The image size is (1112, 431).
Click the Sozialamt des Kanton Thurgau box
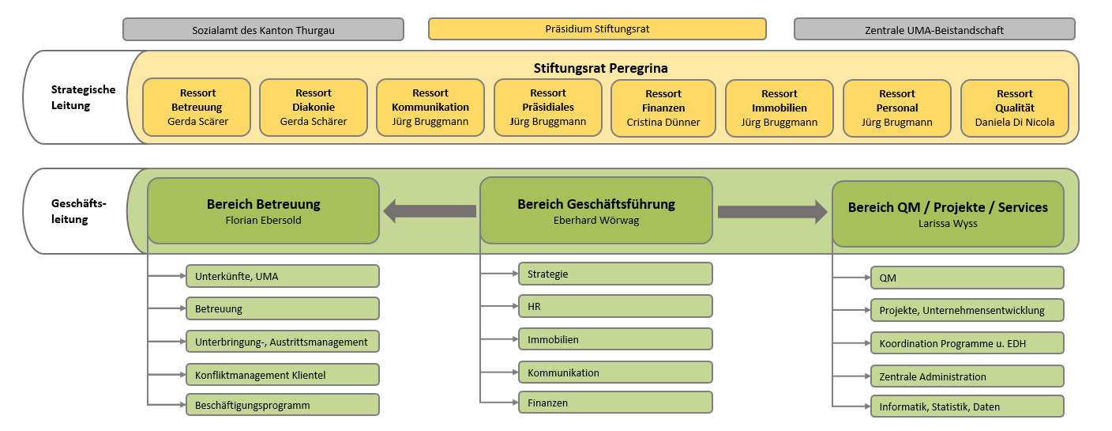pyautogui.click(x=263, y=30)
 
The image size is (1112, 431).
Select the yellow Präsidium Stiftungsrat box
pyautogui.click(x=597, y=29)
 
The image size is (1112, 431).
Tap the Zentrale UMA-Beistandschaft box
pyautogui.click(x=934, y=30)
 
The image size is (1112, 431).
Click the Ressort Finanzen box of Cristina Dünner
pyautogui.click(x=664, y=108)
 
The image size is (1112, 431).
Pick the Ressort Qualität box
pyautogui.click(x=1014, y=108)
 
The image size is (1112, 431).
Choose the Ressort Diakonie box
pyautogui.click(x=313, y=108)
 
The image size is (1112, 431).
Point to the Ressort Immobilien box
pyautogui.click(x=779, y=108)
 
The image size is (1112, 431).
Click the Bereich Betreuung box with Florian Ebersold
pyautogui.click(x=263, y=210)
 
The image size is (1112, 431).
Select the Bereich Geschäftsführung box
pyautogui.click(x=596, y=210)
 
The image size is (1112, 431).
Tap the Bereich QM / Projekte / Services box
pyautogui.click(x=948, y=214)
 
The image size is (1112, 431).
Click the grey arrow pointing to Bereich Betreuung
pyautogui.click(x=430, y=211)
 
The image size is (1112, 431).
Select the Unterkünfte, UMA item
pyautogui.click(x=282, y=276)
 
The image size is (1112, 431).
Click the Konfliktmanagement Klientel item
pyautogui.click(x=282, y=374)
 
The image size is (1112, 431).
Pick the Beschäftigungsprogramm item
pyautogui.click(x=282, y=405)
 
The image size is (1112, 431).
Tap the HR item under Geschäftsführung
pyautogui.click(x=615, y=306)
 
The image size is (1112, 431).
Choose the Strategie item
pyautogui.click(x=615, y=274)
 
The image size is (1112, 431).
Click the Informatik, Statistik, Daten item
pyautogui.click(x=967, y=406)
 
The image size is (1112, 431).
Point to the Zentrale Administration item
pyautogui.click(x=967, y=376)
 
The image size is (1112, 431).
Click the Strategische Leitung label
pyautogui.click(x=83, y=97)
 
